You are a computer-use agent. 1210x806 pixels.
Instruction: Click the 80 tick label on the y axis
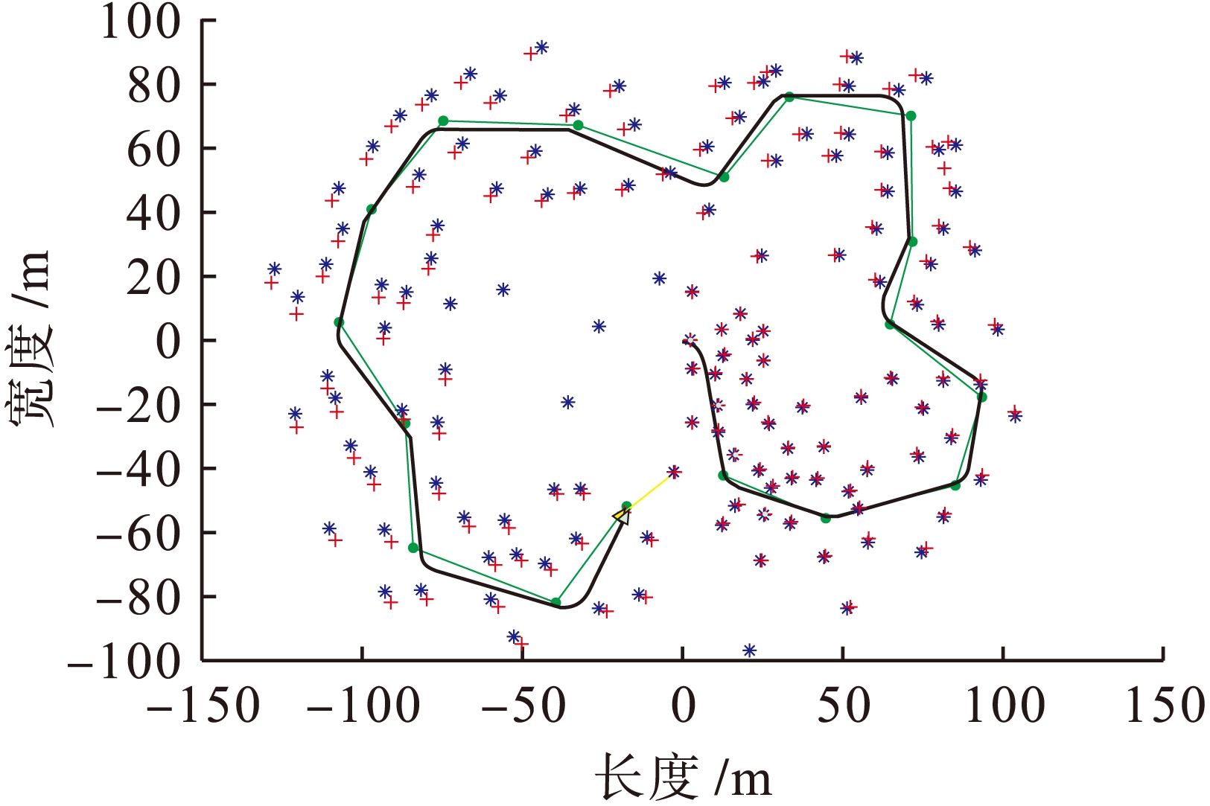[x=153, y=86]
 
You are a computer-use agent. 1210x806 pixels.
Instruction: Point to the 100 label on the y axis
[x=139, y=21]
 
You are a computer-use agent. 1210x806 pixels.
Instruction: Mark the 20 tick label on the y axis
[x=153, y=277]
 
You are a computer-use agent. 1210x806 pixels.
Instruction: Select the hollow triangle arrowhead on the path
[x=621, y=515]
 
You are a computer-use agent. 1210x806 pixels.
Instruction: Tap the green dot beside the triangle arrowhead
[x=626, y=506]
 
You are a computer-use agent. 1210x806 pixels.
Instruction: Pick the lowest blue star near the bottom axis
[x=749, y=650]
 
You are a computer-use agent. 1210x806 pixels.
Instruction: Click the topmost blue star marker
[x=541, y=47]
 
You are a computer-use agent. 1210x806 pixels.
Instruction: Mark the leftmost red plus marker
[x=271, y=283]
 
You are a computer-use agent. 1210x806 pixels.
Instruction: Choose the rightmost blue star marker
[x=1015, y=416]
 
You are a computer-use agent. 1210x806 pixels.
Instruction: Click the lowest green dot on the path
[x=555, y=602]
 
